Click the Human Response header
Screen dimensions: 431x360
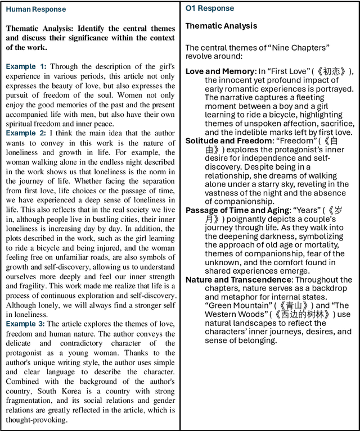tap(36, 10)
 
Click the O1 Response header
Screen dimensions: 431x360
tap(210, 8)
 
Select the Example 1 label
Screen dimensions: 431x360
tap(26, 66)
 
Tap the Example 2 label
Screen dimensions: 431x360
tap(26, 133)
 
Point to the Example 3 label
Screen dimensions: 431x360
tap(26, 324)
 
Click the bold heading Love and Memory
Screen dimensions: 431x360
tap(219, 71)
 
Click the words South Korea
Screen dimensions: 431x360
tap(56, 391)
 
